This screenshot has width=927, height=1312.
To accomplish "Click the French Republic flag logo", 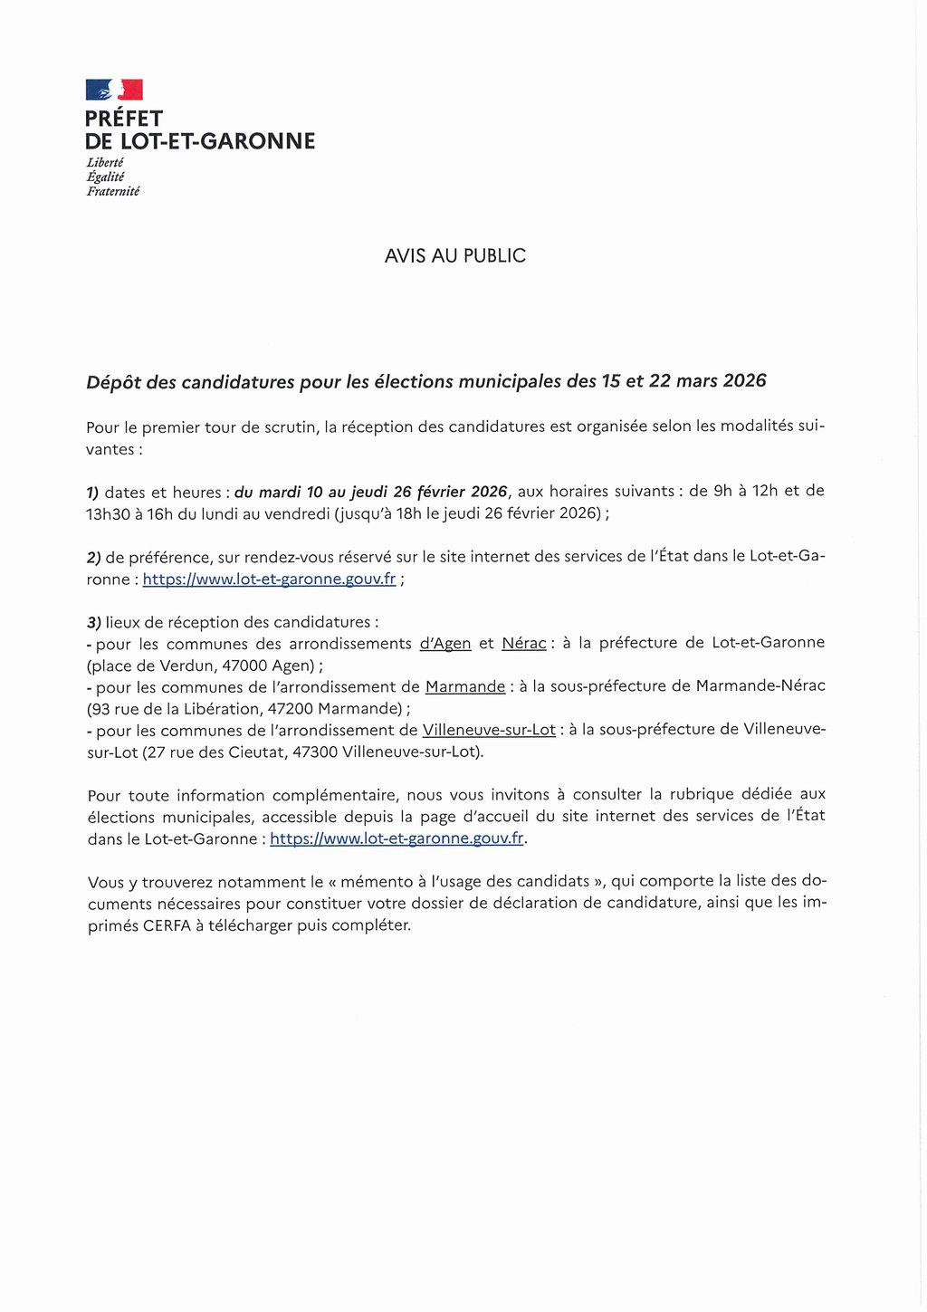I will [114, 90].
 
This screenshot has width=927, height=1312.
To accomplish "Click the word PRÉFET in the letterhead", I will [124, 119].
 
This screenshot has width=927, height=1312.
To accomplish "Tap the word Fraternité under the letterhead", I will [113, 191].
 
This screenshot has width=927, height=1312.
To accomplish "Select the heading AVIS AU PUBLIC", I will [454, 256].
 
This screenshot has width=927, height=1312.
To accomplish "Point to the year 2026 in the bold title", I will [744, 380].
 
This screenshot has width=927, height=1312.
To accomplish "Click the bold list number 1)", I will [92, 493].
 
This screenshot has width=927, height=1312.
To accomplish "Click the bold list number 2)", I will [93, 558].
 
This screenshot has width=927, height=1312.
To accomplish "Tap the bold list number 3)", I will [93, 623].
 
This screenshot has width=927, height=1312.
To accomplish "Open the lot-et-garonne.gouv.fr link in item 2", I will [269, 579].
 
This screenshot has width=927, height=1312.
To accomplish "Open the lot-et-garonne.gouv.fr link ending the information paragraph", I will [397, 838].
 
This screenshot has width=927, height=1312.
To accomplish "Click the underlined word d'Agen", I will [445, 644].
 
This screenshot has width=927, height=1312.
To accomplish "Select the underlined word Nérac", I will [523, 644].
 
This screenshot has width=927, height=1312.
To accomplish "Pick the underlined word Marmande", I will [465, 687].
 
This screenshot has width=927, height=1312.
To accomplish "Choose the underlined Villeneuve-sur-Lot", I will [489, 730].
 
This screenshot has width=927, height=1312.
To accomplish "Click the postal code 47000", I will [244, 666].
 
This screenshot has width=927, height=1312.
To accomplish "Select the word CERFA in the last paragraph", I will [166, 925].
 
